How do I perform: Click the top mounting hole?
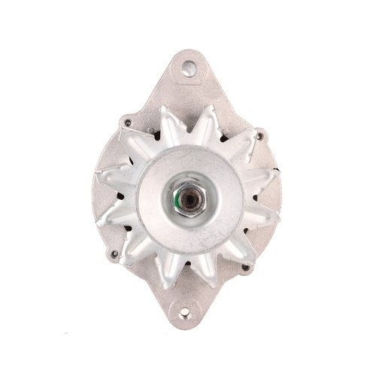[x=187, y=69]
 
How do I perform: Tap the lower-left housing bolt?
[x=114, y=253]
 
